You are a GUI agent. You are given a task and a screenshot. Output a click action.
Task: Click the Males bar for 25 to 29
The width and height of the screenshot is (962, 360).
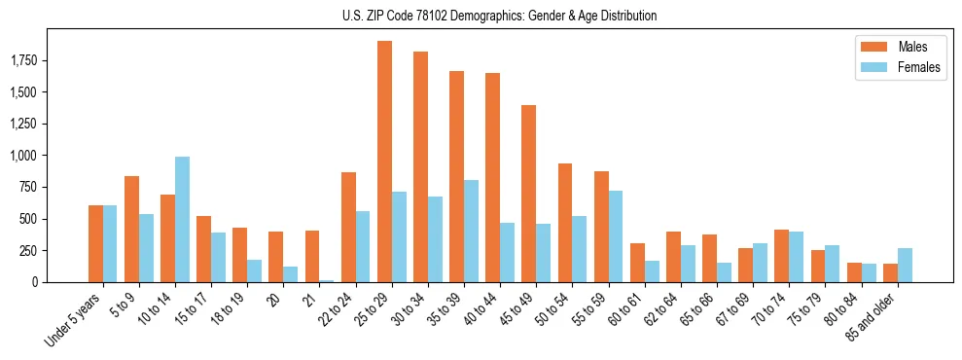pyautogui.click(x=384, y=162)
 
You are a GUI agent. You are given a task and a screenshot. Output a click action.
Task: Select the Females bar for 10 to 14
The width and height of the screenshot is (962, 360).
pyautogui.click(x=182, y=219)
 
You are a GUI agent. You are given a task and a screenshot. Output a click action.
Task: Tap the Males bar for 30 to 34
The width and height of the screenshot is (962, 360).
pyautogui.click(x=420, y=166)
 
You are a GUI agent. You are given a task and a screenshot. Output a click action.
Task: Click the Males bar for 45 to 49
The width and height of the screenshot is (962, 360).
pyautogui.click(x=528, y=194)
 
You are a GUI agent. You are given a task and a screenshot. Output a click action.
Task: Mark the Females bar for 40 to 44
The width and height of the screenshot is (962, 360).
pyautogui.click(x=507, y=252)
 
